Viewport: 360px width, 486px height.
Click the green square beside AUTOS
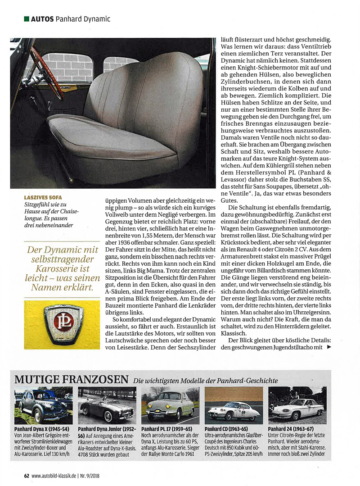[27, 19]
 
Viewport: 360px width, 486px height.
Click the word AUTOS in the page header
[42, 19]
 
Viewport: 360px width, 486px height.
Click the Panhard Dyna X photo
[43, 405]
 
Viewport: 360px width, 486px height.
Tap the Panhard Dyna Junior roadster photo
[107, 405]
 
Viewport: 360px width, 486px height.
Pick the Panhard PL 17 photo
[170, 405]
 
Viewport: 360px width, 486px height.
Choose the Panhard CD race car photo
[234, 405]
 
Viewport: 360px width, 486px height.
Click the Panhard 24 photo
[297, 405]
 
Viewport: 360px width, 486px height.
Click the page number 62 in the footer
[27, 475]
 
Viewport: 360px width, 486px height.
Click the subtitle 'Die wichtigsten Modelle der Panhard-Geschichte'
[205, 381]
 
